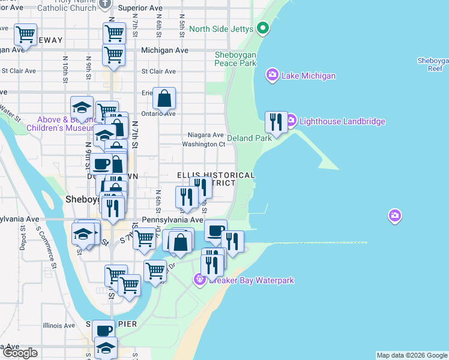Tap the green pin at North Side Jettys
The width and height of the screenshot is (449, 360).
[262, 28]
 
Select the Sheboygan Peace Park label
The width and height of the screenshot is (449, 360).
[236, 59]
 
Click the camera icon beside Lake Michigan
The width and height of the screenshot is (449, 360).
[272, 75]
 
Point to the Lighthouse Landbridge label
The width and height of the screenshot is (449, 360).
[343, 121]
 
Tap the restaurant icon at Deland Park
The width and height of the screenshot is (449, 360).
[276, 122]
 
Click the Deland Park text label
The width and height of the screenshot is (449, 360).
[249, 138]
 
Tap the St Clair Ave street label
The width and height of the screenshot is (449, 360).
[158, 71]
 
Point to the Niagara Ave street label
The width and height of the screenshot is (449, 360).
[205, 135]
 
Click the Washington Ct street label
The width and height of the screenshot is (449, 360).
[203, 144]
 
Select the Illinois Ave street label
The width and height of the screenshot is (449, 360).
[59, 325]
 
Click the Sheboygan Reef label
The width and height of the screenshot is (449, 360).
[433, 64]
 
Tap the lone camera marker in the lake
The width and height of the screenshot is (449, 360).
[394, 215]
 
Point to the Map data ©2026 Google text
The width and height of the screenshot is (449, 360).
[412, 355]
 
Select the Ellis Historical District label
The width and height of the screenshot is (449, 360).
[215, 178]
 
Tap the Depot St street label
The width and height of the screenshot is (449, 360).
[23, 236]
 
